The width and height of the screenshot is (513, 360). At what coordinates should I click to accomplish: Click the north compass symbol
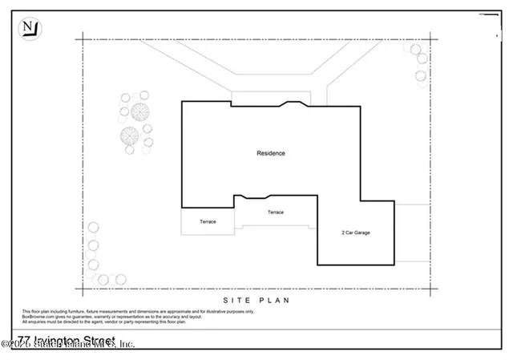point(30,29)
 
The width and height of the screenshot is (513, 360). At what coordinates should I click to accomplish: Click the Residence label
point(270,153)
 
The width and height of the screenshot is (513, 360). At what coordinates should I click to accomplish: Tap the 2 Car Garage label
point(356,233)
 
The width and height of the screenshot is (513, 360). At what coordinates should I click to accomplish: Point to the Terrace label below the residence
point(275,212)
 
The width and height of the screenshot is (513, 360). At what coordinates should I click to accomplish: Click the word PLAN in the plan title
point(273,300)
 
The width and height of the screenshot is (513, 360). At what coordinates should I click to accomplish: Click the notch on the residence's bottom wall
point(253,197)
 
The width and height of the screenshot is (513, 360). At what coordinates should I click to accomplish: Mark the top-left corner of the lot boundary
point(80,38)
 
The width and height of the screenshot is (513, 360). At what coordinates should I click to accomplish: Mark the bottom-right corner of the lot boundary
point(430,288)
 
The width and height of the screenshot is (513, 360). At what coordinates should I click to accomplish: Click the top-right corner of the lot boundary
point(430,38)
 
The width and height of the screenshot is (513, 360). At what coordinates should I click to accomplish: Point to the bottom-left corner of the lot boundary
point(80,288)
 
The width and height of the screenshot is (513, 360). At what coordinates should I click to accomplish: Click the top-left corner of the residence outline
point(182,102)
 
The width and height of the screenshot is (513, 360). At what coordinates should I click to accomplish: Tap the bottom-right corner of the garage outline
point(395,265)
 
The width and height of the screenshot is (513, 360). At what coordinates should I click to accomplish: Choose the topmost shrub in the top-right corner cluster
point(417,49)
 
